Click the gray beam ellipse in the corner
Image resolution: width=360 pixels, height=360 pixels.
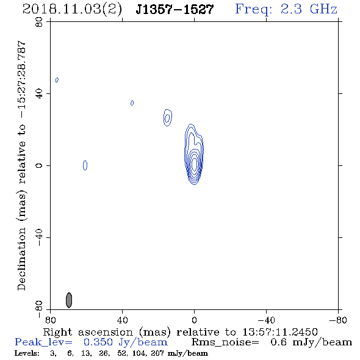coord(69,300)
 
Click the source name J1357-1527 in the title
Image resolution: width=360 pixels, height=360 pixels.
coord(175,9)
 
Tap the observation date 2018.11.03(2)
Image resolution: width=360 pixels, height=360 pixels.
coord(72,10)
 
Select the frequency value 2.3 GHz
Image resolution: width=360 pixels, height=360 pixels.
coord(309,9)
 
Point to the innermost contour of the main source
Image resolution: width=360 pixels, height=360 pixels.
coord(194,164)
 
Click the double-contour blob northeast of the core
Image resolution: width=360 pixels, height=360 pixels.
coord(168,118)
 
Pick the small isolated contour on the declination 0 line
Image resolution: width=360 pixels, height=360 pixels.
coord(85,165)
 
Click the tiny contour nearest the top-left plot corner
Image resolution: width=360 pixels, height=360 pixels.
coord(57,80)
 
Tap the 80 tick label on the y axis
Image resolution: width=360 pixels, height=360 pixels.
coord(39,22)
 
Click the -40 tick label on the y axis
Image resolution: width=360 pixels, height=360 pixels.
coord(39,237)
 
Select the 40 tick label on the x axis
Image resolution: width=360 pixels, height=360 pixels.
coord(122,320)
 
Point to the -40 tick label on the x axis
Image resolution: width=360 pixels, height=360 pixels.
coord(266,320)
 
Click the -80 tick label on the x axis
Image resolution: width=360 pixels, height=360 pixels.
coord(338,320)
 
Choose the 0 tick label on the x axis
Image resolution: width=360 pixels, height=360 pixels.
coord(194,320)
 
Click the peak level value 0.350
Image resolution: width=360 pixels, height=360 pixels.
coord(98,342)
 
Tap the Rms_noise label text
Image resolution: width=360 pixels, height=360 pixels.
coord(225,342)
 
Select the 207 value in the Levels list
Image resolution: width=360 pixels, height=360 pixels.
coord(158,353)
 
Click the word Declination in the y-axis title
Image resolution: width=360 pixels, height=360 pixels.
coord(21,259)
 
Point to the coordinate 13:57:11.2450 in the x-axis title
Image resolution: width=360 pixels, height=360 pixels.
coord(280,332)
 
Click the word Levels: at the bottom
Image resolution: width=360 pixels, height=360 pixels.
coord(27,353)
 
